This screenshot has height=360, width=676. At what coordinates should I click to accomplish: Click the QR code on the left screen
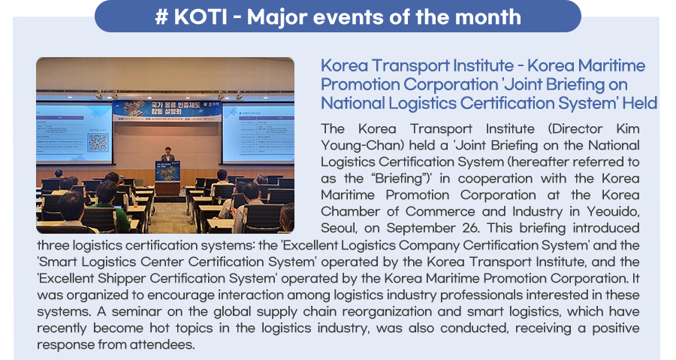coord(98,142)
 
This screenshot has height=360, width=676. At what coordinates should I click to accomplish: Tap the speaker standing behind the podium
coord(167,154)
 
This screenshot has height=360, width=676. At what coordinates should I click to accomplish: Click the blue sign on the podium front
coord(167,171)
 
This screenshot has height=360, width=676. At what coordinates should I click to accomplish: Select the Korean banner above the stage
coord(167,110)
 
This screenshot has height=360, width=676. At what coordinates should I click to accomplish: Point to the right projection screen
coord(258,133)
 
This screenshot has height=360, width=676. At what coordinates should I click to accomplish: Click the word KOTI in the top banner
coord(201,17)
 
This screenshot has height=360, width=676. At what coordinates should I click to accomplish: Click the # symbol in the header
coord(161,17)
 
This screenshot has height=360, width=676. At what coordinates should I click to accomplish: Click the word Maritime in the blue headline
coord(611,65)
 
